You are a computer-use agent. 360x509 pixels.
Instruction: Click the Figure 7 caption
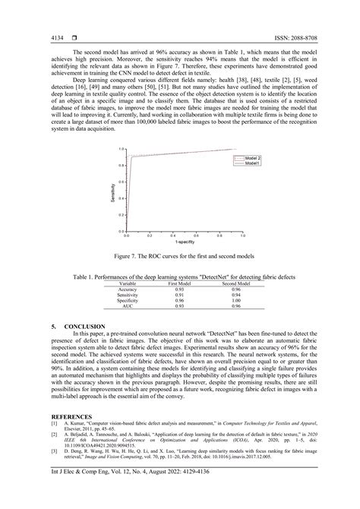coord(180,257)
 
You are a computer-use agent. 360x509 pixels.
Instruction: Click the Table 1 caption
coord(180,277)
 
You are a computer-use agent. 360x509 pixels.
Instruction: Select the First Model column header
coord(179,283)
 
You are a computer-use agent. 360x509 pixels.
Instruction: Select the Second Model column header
coord(236,283)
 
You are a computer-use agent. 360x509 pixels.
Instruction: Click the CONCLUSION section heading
coord(79,325)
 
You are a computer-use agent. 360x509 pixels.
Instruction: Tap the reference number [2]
coord(54,435)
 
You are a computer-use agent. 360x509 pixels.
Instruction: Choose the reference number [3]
coord(54,451)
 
